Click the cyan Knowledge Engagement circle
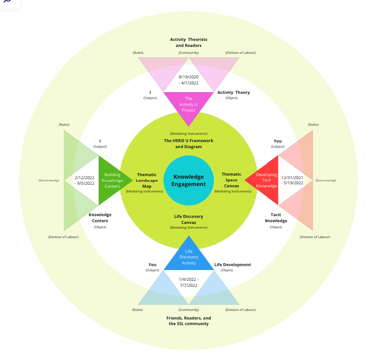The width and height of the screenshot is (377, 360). point(189,180)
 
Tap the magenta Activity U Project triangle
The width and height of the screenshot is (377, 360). point(189,106)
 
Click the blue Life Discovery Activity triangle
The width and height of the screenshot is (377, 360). point(189,257)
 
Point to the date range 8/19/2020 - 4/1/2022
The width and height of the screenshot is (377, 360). point(189,80)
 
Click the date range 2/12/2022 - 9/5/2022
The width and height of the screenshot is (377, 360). point(84,180)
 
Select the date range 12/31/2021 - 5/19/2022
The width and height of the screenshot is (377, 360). point(292,180)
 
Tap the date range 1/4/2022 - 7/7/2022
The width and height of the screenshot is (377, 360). point(189,282)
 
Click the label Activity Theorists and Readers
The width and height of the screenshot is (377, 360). point(189,42)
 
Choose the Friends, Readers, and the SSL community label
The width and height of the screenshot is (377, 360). point(189,321)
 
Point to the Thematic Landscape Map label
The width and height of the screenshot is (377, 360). point(146,180)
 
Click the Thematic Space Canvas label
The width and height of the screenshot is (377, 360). point(231,180)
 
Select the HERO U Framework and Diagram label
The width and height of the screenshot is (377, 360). point(189,143)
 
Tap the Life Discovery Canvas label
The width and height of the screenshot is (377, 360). point(189,220)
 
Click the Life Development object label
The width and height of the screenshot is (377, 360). point(233,264)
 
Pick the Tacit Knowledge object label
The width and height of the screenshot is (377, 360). point(276,218)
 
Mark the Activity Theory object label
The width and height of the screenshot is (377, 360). point(234,92)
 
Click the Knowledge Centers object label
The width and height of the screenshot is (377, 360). point(100,218)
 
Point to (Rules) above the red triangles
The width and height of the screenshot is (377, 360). point(313,124)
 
